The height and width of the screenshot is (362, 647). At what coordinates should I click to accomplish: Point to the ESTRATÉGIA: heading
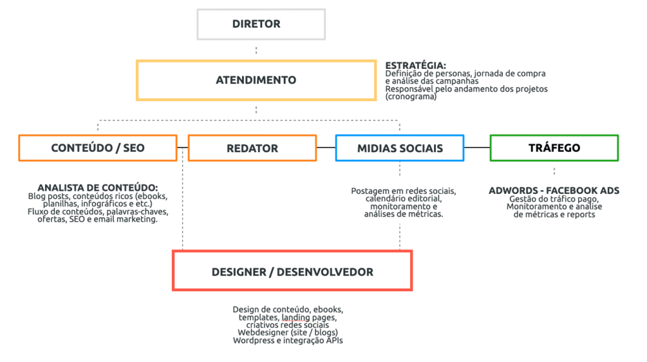[416, 65]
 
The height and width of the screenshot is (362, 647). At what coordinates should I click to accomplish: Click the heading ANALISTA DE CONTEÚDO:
[98, 188]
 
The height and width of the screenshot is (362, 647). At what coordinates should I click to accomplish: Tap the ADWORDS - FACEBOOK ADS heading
[554, 191]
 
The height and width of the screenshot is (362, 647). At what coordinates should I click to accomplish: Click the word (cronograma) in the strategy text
[411, 97]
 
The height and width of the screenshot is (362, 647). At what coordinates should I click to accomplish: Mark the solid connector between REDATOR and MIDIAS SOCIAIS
[326, 147]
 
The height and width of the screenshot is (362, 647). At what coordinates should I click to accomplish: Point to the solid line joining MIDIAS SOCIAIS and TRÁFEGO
[477, 147]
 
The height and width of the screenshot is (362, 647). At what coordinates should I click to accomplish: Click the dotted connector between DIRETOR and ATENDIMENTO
[257, 50]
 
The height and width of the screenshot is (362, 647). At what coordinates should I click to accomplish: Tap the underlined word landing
[296, 317]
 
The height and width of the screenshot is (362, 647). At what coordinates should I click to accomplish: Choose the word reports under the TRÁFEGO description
[581, 215]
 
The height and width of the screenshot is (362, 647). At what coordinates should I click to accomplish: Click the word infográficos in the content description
[103, 204]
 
